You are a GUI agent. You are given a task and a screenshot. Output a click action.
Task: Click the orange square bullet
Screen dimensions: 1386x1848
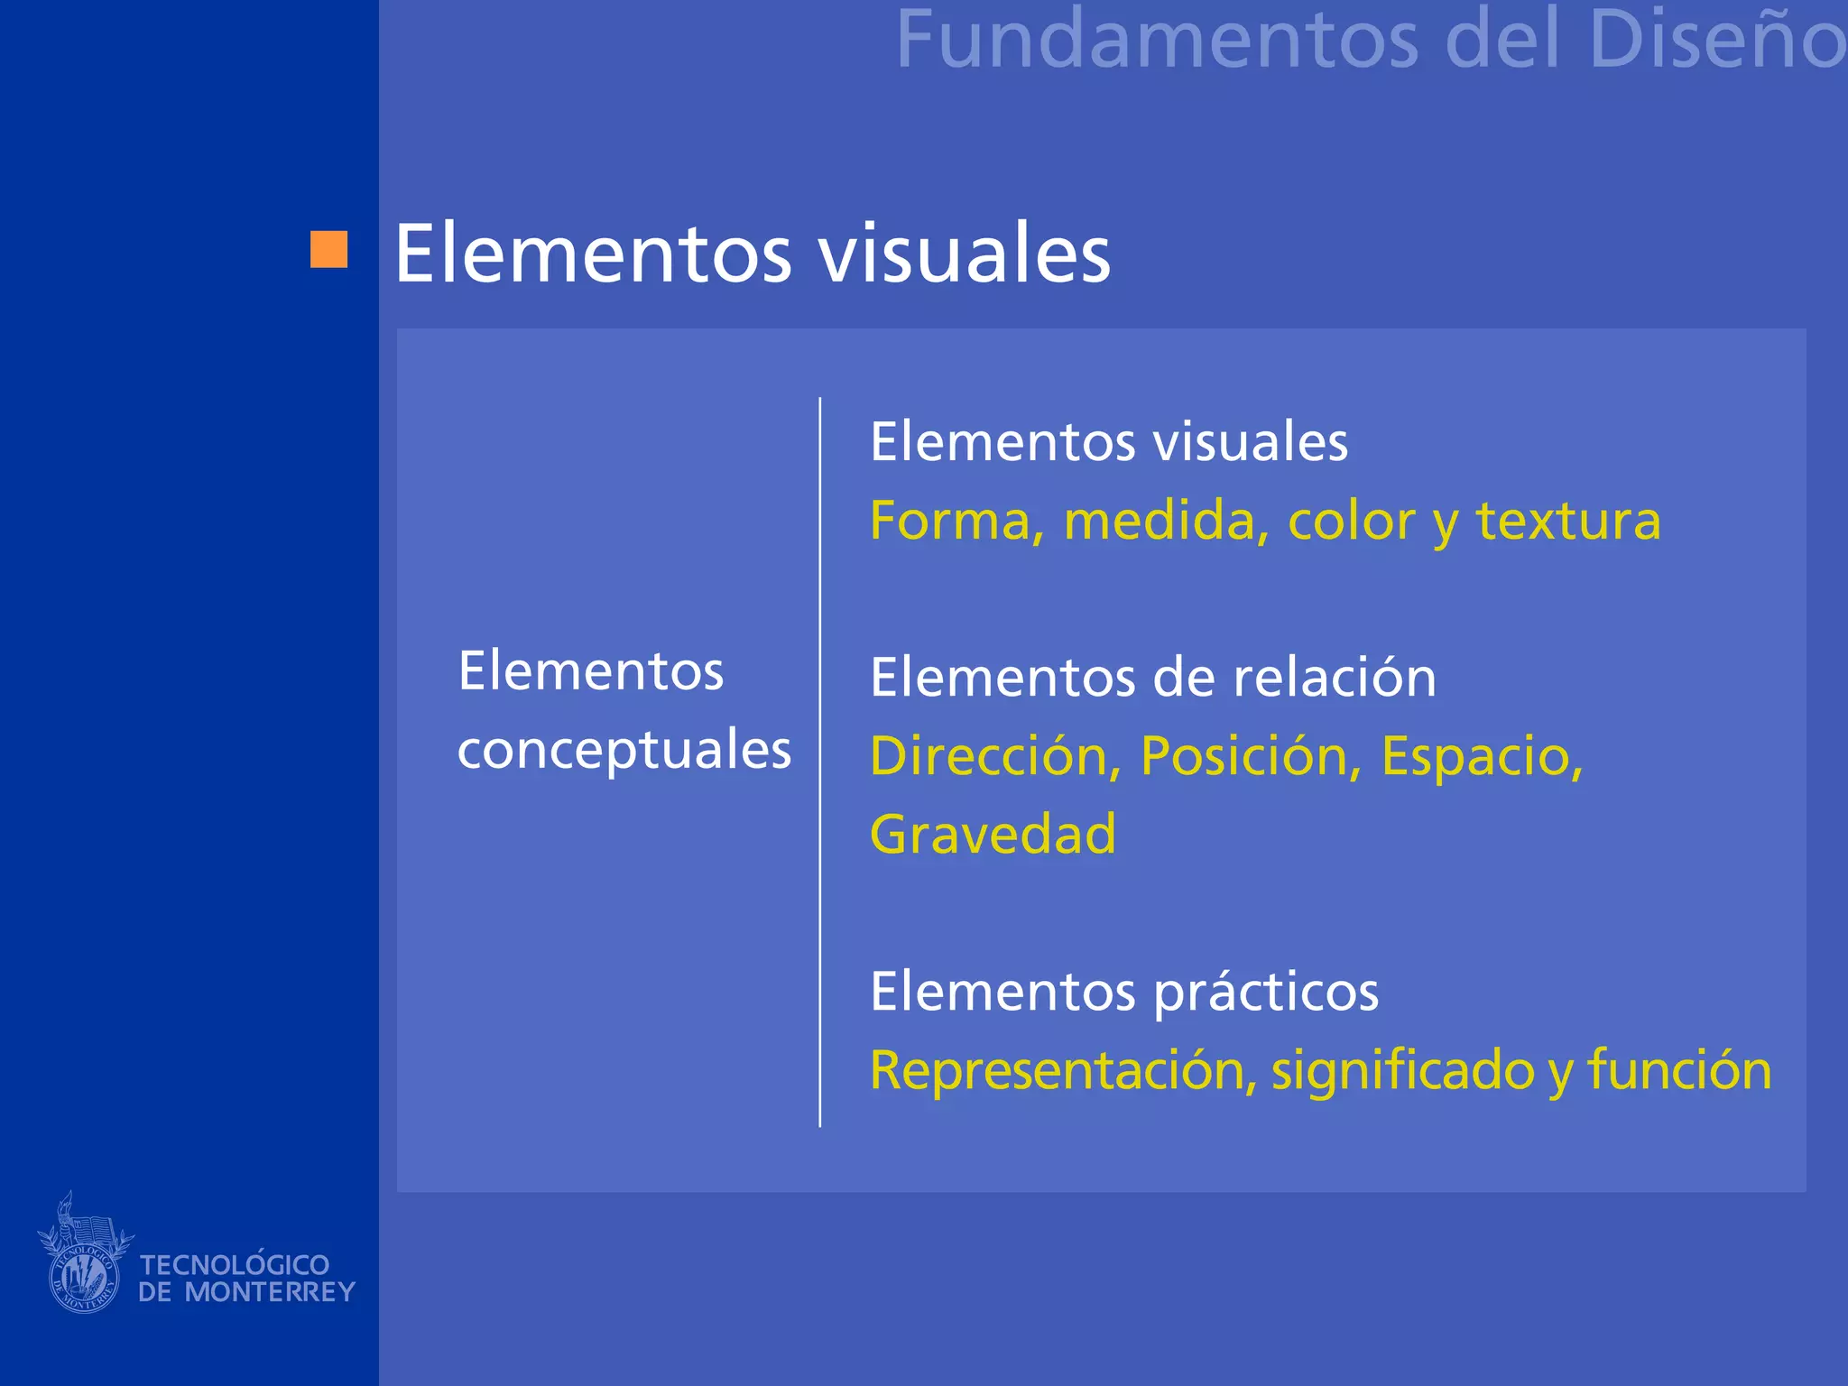coord(328,250)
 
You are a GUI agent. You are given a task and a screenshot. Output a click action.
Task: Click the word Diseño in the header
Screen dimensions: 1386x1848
coord(1717,41)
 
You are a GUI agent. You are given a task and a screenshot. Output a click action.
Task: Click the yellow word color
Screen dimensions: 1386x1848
coord(1351,522)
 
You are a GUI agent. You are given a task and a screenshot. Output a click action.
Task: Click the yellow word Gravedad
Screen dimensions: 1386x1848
coord(993,835)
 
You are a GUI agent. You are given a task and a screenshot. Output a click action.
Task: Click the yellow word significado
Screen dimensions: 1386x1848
coord(1403,1071)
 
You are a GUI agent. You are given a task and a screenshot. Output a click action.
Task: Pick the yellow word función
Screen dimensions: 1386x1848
coord(1679,1071)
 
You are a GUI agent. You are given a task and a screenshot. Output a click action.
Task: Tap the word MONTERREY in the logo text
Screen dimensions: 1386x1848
coord(270,1292)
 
